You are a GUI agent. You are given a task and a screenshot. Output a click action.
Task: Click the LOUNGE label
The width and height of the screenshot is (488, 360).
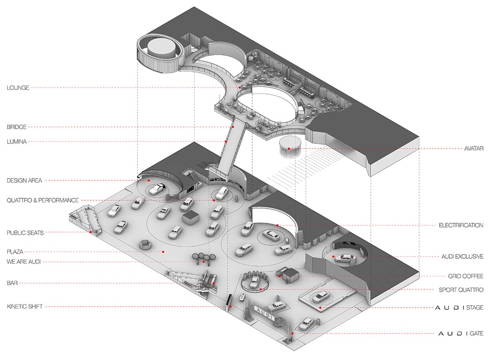(x=18, y=87)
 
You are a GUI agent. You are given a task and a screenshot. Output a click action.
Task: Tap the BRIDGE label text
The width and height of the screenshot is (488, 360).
(x=16, y=127)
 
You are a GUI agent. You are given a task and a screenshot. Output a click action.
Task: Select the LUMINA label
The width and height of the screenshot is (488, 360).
(x=16, y=141)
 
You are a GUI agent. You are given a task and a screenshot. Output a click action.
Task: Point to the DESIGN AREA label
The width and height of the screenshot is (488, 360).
(x=24, y=181)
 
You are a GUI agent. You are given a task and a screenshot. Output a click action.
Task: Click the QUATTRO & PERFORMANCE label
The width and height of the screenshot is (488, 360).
(x=43, y=200)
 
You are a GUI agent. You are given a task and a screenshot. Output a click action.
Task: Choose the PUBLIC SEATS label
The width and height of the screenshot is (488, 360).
(x=25, y=232)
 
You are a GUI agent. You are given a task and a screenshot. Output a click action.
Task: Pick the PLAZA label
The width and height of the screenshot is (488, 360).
(x=15, y=251)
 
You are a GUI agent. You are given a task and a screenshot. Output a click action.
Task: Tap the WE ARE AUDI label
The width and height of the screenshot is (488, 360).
(x=24, y=261)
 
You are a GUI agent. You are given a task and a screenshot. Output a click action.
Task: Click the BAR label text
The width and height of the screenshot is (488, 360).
(x=12, y=282)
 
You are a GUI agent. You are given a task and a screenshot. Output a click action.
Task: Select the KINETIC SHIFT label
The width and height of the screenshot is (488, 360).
(x=24, y=307)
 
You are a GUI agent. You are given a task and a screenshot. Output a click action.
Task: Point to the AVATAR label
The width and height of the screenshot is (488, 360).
(x=473, y=148)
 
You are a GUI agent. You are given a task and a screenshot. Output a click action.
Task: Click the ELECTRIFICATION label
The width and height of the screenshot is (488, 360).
(x=461, y=225)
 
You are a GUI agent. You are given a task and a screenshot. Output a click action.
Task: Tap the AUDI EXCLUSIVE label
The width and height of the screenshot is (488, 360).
(x=463, y=257)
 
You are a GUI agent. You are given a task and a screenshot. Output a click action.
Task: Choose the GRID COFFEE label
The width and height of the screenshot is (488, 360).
(x=466, y=277)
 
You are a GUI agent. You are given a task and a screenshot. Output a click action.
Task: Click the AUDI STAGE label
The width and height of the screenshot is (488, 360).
(x=460, y=308)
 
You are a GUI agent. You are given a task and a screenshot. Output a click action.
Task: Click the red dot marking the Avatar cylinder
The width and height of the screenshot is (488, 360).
(x=288, y=148)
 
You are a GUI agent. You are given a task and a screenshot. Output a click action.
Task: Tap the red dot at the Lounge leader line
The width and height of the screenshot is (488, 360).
(x=239, y=87)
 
